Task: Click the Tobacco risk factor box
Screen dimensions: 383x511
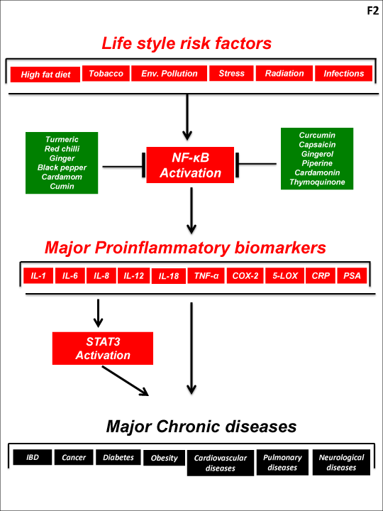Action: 106,73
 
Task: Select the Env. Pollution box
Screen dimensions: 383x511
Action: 169,73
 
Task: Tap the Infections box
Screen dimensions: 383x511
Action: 343,73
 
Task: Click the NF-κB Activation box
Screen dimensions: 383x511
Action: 190,165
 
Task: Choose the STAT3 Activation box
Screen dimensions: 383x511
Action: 103,348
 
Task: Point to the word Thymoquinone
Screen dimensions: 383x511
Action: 317,182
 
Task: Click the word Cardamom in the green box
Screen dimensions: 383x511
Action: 62,177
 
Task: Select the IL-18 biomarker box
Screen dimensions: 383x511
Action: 169,276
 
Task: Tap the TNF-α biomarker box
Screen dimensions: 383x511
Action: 206,275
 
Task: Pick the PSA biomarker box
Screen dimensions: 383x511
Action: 352,275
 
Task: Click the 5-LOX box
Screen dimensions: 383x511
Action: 285,275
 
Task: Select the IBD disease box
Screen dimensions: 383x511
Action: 32,457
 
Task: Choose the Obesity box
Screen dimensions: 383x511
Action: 164,458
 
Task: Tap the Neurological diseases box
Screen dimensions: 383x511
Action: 341,462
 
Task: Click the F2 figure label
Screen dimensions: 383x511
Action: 373,11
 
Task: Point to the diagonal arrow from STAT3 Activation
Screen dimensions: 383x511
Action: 126,380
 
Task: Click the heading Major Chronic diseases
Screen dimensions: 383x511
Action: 201,426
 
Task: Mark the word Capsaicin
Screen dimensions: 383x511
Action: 317,144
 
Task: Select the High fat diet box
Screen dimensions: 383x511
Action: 45,75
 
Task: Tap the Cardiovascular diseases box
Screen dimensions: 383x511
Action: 221,463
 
